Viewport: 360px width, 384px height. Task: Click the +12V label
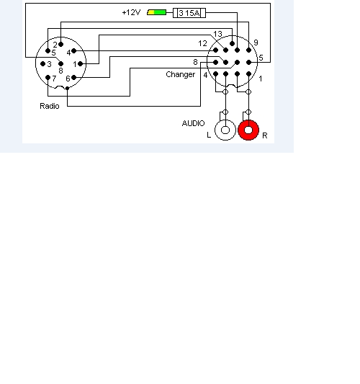click(131, 12)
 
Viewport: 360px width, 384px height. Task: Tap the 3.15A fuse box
click(189, 13)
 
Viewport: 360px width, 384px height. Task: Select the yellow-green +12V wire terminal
click(157, 12)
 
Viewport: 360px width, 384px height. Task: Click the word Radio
click(50, 106)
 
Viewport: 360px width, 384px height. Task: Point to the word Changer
click(181, 74)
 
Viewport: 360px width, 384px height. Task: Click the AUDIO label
click(193, 123)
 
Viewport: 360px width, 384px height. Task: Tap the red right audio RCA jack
click(248, 130)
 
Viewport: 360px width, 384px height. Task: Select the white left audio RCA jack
click(225, 130)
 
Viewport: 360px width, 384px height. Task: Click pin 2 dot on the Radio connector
click(61, 45)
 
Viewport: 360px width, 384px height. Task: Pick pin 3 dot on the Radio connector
click(42, 64)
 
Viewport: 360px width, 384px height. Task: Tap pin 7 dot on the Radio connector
click(48, 78)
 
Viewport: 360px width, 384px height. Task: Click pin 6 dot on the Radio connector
click(73, 78)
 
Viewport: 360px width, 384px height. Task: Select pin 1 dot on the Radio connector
click(80, 64)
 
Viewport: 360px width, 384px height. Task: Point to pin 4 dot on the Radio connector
click(73, 51)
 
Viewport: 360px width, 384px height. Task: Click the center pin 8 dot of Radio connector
click(61, 64)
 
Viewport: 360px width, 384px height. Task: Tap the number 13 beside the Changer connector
click(217, 34)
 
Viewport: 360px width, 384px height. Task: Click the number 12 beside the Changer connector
click(202, 43)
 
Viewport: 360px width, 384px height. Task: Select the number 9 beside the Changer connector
click(256, 43)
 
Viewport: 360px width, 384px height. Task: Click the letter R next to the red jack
click(264, 135)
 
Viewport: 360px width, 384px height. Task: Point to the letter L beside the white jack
click(209, 135)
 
